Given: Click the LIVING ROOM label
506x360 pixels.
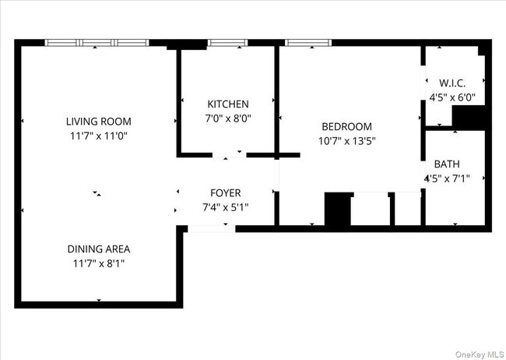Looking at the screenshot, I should click(98, 121).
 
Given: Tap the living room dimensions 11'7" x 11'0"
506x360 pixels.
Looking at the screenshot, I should click(98, 135).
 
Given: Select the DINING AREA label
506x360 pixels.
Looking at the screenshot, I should click(98, 249).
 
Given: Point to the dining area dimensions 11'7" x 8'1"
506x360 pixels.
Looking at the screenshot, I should click(98, 263).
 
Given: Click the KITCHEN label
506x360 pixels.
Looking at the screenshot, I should click(227, 104).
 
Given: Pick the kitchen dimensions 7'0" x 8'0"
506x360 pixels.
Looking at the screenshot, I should click(227, 118).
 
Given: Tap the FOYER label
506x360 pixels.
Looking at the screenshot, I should click(226, 192).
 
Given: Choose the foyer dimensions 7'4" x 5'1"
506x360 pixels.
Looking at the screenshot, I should click(226, 206).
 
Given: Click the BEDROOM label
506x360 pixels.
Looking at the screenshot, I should click(346, 126).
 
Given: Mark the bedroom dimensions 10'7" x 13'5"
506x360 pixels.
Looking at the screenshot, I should click(346, 140).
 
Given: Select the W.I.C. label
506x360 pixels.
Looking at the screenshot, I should click(452, 83).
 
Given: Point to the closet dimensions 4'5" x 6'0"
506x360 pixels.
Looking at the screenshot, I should click(452, 97).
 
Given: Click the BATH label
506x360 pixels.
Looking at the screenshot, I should click(447, 164).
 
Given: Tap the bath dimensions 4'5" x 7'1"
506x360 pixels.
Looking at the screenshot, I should click(447, 178).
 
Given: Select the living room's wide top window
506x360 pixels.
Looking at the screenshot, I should click(96, 43).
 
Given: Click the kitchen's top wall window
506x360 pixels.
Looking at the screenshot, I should click(227, 43).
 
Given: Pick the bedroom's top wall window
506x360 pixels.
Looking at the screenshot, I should click(308, 43).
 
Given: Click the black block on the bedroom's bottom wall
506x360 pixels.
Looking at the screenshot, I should click(337, 210).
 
